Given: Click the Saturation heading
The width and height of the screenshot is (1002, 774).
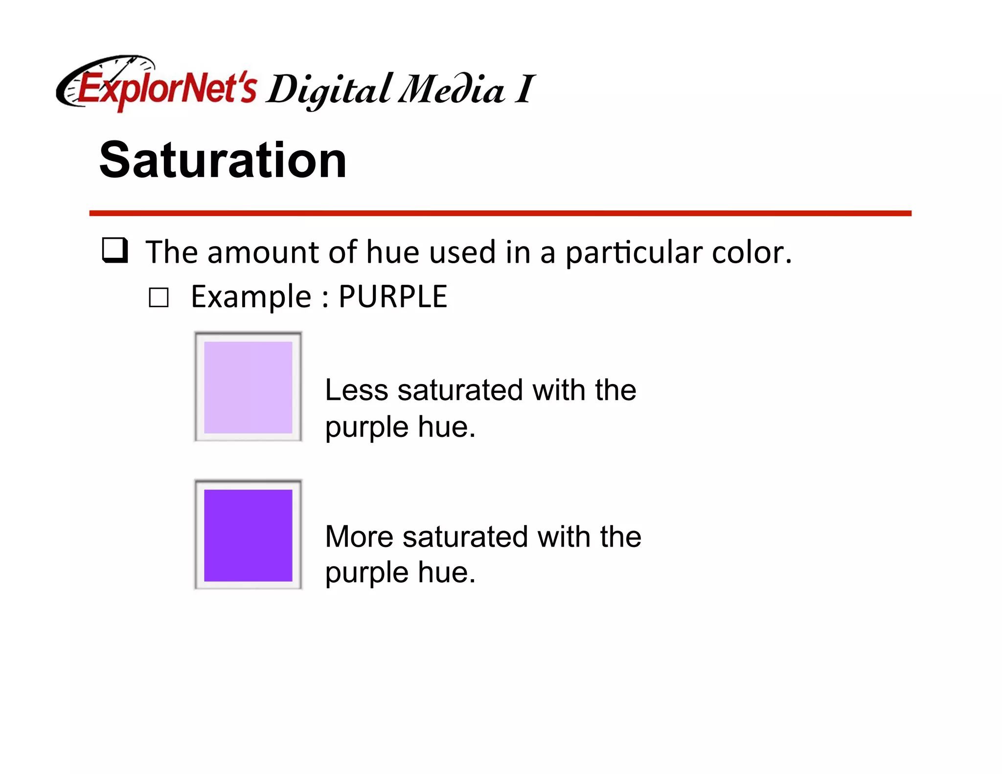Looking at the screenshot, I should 223,160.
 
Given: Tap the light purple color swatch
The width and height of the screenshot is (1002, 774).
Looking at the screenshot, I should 248,387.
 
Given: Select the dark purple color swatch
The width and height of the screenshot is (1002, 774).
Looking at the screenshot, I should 248,535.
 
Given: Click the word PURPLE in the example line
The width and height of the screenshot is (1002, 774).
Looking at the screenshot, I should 393,296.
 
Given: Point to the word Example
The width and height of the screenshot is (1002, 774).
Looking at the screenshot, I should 251,297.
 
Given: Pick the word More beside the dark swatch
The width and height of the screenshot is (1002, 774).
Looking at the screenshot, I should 359,536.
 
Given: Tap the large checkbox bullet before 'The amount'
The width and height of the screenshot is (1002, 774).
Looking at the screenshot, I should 115,250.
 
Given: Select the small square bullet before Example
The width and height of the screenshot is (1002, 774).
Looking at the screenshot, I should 159,297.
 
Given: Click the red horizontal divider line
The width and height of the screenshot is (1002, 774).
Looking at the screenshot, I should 500,213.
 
